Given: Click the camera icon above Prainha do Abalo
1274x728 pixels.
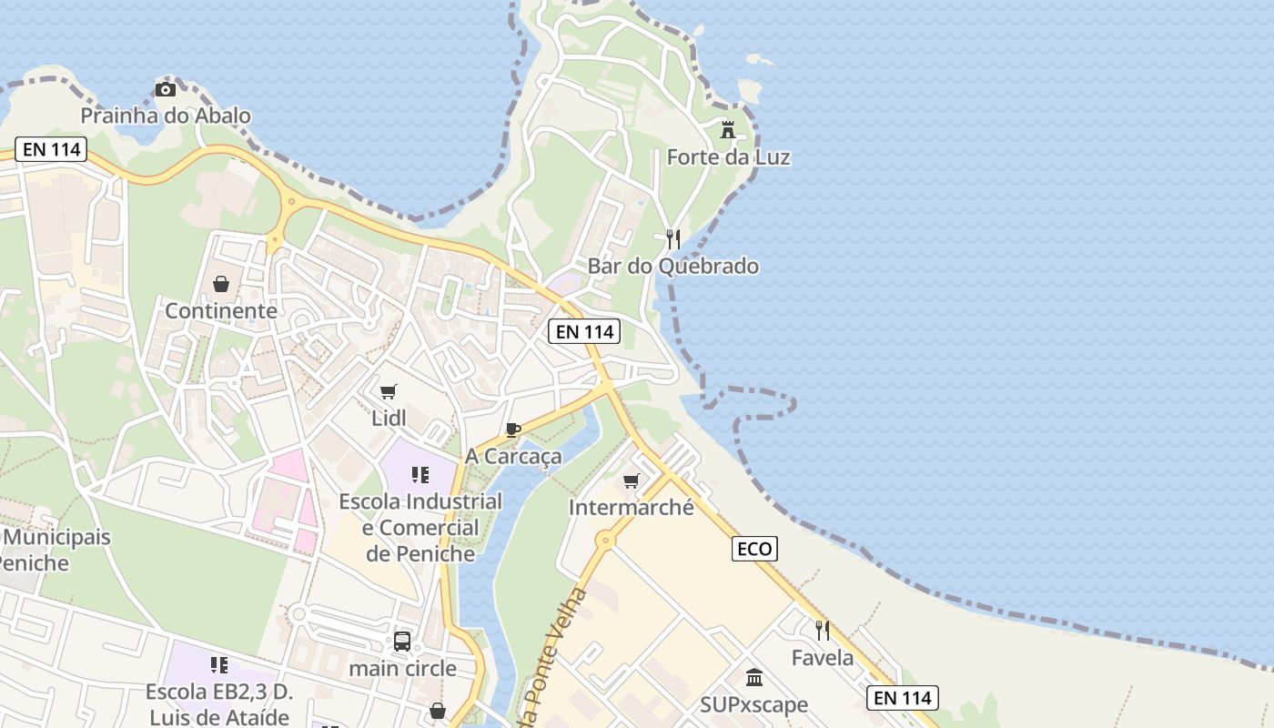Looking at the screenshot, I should point(165,89).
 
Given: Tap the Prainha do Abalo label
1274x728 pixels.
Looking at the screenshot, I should point(166,116).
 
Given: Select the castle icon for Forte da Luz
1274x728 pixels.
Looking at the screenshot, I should point(728,130).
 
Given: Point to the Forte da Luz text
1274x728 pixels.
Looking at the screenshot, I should point(728,157).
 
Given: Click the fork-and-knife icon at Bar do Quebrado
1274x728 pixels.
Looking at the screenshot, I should point(673,239).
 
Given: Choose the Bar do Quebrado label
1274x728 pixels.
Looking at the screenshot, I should point(673,267).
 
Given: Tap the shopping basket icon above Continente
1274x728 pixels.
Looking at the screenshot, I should point(221,284).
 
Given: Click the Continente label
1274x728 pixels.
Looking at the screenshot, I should point(221,311).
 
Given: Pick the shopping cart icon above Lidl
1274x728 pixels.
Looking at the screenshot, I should point(389,392).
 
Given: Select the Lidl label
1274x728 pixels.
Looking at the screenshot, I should point(389,419).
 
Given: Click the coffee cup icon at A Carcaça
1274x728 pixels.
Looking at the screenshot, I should point(513,430).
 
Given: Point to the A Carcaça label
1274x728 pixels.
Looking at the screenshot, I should point(513,456).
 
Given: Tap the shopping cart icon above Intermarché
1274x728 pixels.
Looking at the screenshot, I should point(632,480).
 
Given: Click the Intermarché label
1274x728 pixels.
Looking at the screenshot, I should point(632,507).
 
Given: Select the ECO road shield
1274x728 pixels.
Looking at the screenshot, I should point(754,549).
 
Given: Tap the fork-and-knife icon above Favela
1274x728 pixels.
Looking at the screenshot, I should point(823,630).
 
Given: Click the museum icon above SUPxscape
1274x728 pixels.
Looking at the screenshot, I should point(754,678).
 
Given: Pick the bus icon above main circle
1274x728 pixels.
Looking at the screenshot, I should point(402,642).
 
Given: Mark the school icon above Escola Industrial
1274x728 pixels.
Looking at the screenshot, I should point(420,474).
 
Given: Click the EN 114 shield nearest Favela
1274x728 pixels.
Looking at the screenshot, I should point(902,698).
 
